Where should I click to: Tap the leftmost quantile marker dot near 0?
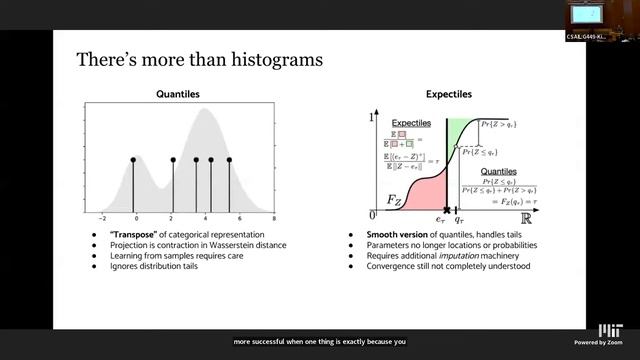135,160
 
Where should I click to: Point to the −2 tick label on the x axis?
103,218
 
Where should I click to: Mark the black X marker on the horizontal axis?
447,210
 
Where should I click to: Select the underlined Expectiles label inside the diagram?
411,121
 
